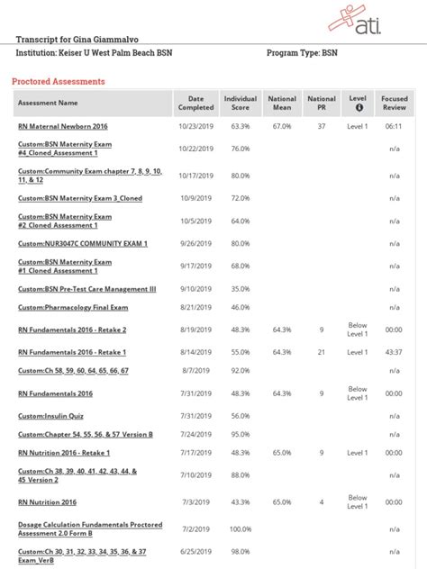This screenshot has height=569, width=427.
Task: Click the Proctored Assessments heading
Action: tap(59, 81)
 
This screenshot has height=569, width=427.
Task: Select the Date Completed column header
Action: tap(196, 103)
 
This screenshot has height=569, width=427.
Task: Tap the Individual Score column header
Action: tap(241, 103)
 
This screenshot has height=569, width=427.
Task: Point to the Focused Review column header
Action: tap(395, 103)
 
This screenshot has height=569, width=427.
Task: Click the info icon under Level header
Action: tap(359, 108)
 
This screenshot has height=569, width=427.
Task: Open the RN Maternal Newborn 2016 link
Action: tap(62, 126)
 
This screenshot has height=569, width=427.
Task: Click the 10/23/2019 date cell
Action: tap(195, 126)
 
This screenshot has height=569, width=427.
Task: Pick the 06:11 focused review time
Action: tap(394, 126)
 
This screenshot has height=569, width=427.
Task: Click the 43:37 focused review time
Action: tap(394, 352)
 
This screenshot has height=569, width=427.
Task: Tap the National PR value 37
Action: tap(322, 126)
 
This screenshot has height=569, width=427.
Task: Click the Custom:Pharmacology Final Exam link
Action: tap(72, 307)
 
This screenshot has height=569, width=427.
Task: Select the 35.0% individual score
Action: tap(241, 289)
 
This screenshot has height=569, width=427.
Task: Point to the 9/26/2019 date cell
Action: tap(195, 243)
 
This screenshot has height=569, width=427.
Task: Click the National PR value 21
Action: tap(322, 352)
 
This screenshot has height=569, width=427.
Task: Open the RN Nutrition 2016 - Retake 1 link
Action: tap(64, 452)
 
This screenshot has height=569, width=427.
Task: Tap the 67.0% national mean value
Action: tap(282, 126)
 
